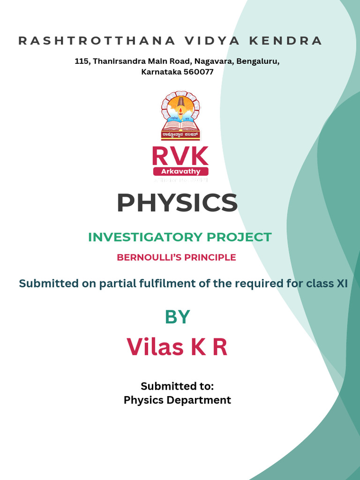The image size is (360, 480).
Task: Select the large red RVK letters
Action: click(x=180, y=156)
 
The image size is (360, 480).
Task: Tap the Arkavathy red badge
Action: click(x=180, y=172)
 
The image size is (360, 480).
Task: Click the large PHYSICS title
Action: click(x=177, y=203)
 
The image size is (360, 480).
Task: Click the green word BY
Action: click(x=177, y=317)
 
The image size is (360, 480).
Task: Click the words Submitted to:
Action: click(x=177, y=386)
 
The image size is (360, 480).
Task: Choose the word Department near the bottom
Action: click(x=202, y=400)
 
